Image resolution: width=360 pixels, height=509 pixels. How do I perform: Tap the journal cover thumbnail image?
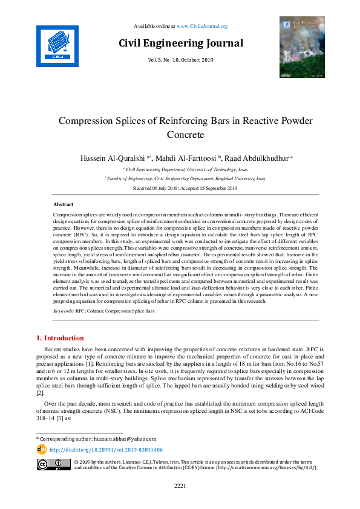point(302,47)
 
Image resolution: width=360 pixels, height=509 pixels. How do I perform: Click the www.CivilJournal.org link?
point(202,26)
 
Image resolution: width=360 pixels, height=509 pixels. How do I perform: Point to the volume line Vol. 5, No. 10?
point(180,60)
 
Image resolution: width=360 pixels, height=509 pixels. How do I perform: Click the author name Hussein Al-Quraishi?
point(113,157)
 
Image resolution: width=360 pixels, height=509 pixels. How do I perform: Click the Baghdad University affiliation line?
point(185,179)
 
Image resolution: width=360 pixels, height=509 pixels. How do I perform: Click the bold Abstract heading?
point(64,205)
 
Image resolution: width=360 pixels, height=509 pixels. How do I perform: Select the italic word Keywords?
point(64,311)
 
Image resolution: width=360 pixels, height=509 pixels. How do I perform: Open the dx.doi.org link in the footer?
point(106,450)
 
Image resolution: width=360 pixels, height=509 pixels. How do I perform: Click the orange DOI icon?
point(42,449)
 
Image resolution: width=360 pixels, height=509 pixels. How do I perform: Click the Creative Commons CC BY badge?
point(53,464)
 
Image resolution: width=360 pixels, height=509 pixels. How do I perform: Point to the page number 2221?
point(180,485)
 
